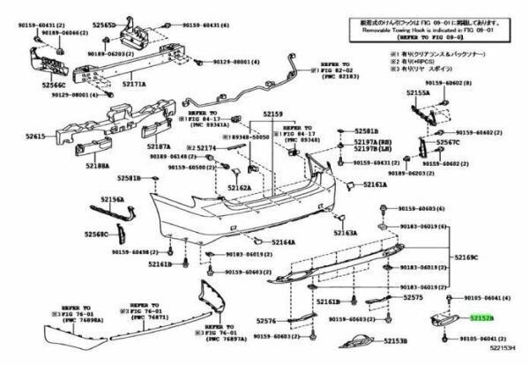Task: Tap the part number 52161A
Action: [374, 185]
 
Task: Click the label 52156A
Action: [111, 200]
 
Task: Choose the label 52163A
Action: [345, 234]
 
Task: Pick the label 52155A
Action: [418, 92]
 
